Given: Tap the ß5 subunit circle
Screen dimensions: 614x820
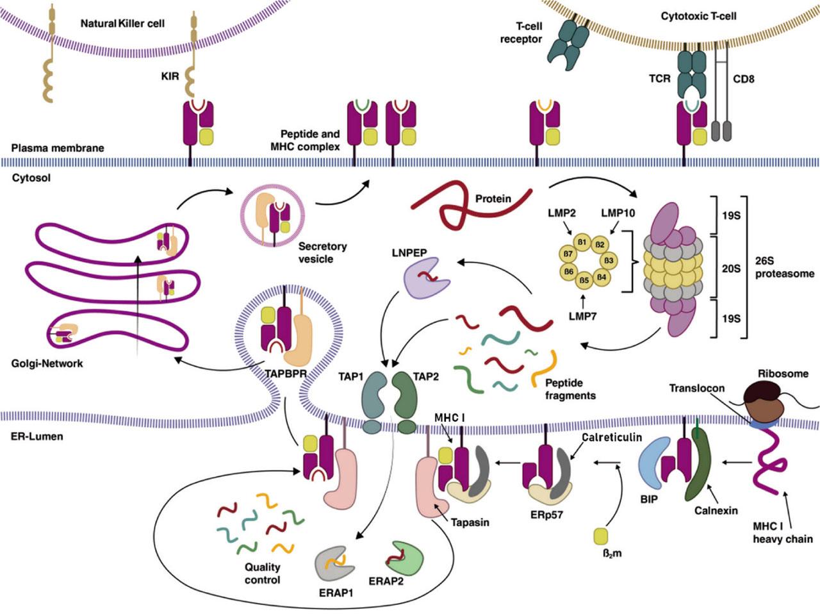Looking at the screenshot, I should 583,280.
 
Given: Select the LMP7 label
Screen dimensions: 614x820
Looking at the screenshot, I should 582,315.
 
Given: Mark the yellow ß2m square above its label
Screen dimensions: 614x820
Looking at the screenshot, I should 601,535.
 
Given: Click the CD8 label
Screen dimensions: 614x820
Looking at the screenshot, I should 743,79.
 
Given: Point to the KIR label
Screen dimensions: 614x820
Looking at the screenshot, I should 170,76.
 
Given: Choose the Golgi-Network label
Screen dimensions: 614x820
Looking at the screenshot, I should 47,363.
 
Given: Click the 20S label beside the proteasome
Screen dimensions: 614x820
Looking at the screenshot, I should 731,269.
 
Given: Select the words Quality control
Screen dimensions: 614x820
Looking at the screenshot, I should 262,573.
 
